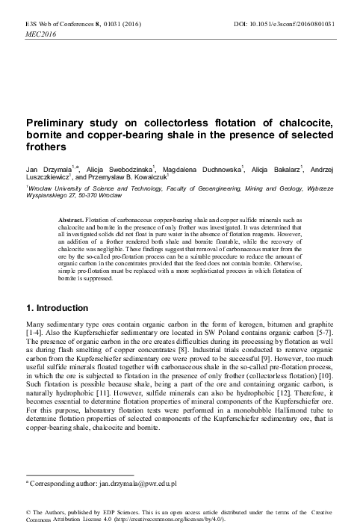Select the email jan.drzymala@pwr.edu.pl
(132, 484)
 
